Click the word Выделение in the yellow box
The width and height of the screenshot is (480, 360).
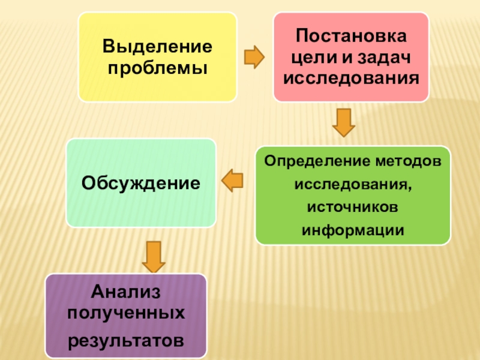point(157,46)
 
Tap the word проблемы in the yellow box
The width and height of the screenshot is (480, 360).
point(157,67)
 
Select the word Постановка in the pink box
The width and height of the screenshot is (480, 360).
point(352,37)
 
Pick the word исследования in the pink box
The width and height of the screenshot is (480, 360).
point(351,79)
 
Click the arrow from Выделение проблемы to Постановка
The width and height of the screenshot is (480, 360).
point(254,57)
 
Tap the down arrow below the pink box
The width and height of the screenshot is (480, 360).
point(344,122)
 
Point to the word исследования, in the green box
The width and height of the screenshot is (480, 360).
point(352,184)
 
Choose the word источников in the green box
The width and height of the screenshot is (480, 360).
point(352,207)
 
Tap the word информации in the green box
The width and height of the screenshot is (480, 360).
point(352,230)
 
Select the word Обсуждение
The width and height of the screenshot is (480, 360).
point(141,182)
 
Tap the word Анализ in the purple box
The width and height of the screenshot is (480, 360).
point(127,293)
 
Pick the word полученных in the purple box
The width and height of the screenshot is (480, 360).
point(126,314)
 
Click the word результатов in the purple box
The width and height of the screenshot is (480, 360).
point(126,340)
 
